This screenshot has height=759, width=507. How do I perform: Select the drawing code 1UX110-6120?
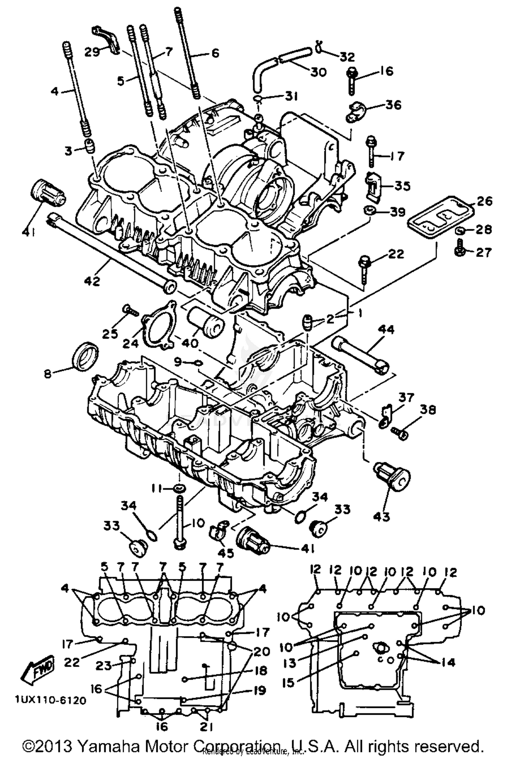pyautogui.click(x=50, y=700)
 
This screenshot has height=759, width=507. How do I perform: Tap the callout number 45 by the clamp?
pyautogui.click(x=225, y=553)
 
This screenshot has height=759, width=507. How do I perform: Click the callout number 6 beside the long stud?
pyautogui.click(x=215, y=53)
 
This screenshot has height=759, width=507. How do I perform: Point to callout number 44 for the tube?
pyautogui.click(x=386, y=329)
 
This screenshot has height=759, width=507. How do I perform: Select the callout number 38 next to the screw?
pyautogui.click(x=428, y=409)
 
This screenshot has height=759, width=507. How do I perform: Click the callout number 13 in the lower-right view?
pyautogui.click(x=289, y=663)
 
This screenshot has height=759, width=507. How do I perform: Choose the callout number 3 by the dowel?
pyautogui.click(x=69, y=151)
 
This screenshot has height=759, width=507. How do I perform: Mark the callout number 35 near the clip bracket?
pyautogui.click(x=403, y=186)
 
